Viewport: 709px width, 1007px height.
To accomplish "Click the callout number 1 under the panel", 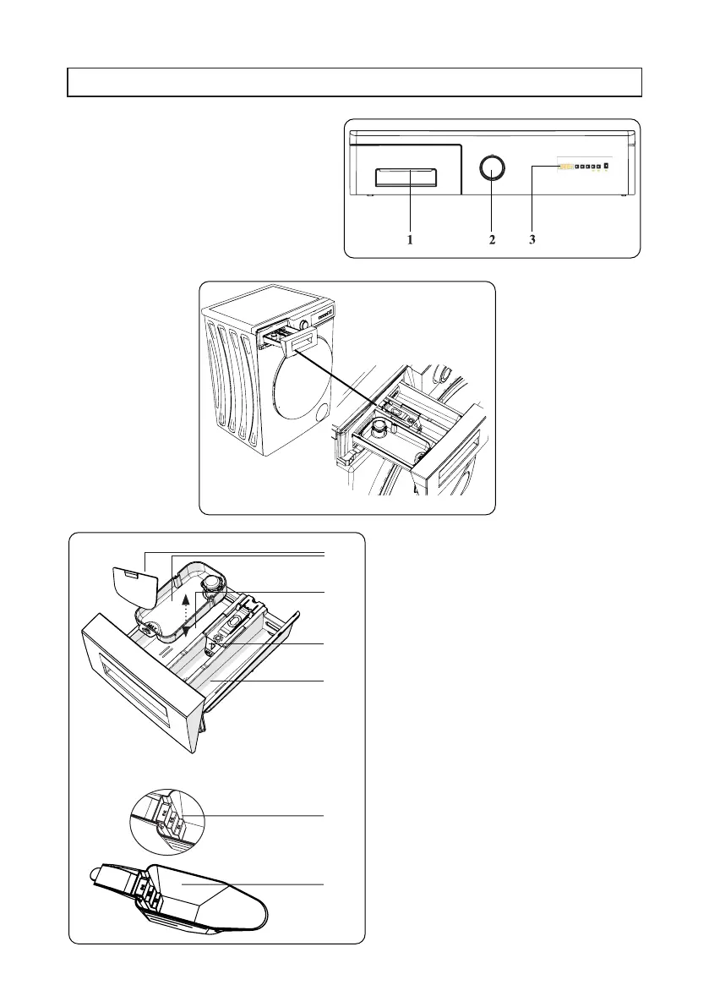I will (x=409, y=240).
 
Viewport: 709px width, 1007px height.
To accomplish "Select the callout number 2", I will (x=492, y=240).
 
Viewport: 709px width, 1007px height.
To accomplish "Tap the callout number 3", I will (x=532, y=240).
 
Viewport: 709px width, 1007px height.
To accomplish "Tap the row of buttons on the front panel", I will (x=584, y=167).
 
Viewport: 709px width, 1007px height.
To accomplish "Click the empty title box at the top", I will (x=355, y=83).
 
